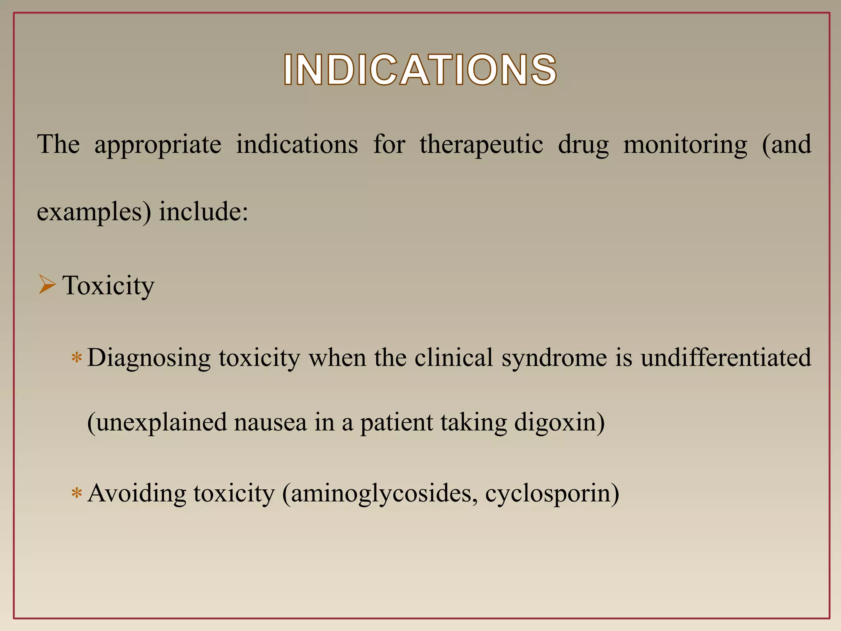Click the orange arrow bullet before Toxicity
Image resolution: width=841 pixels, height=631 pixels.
point(47,285)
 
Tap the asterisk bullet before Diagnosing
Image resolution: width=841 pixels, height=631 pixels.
point(77,358)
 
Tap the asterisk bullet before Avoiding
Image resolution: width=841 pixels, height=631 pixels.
point(77,493)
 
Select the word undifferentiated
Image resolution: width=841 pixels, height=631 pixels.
point(726,357)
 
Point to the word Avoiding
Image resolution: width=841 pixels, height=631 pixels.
point(137,493)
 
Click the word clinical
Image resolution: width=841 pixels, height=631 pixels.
point(453,357)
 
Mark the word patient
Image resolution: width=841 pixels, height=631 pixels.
point(396,423)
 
